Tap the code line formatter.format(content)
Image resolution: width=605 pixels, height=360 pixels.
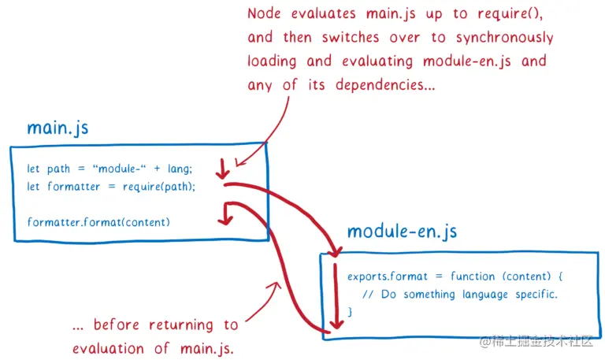(x=98, y=221)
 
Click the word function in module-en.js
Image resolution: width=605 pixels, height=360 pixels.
(x=475, y=276)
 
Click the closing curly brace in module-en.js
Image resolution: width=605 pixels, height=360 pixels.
(x=350, y=312)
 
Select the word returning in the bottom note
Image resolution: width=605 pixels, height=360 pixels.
(x=178, y=325)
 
